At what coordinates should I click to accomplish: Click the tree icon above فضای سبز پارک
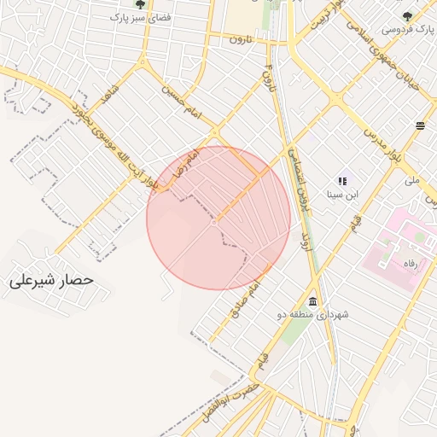140,4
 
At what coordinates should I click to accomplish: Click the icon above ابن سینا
342,181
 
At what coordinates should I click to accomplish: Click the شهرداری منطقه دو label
307,315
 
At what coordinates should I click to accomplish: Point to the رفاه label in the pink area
411,264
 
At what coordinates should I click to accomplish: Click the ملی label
412,181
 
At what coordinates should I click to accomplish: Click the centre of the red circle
218,218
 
